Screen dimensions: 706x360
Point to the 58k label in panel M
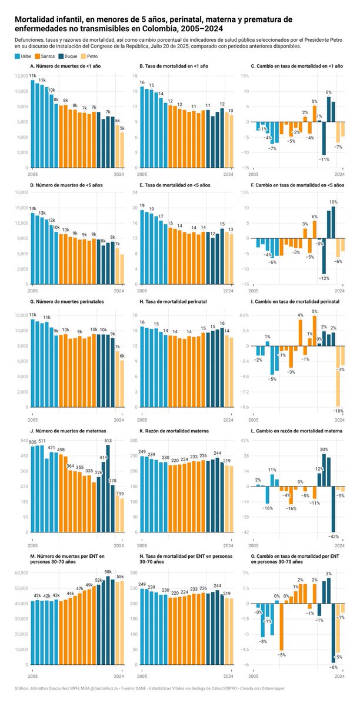click(108, 571)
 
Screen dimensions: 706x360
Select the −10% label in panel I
click(338, 411)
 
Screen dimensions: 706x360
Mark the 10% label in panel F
click(333, 202)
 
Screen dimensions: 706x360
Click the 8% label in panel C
click(328, 92)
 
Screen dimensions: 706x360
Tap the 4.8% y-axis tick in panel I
click(243, 315)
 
